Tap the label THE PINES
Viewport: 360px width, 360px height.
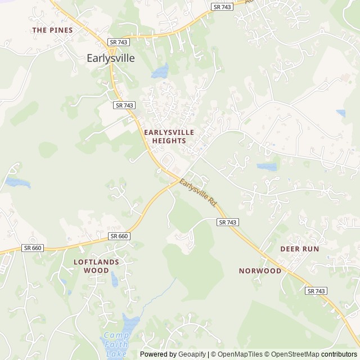pos(52,30)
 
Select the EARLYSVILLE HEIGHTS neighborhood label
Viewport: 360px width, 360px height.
pos(169,136)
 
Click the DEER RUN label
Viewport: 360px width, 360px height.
pos(299,249)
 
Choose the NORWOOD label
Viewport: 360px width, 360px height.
pos(260,271)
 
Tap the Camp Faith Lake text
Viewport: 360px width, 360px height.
pos(116,345)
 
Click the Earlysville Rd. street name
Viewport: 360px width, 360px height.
pos(198,192)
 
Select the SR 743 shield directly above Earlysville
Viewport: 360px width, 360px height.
pos(119,42)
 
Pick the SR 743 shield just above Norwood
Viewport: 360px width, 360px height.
pos(228,223)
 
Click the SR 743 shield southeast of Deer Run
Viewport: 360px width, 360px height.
pos(316,291)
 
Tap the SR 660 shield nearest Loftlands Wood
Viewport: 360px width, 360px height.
pos(119,236)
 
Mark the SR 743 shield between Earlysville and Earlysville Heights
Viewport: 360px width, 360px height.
pos(124,105)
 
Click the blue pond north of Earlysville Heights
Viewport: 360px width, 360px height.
pos(160,71)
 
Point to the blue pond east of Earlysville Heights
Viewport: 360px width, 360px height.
pos(267,167)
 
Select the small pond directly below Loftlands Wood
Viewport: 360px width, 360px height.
pos(115,280)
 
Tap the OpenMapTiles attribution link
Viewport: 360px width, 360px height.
pos(236,354)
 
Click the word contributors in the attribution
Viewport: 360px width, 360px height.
pos(339,354)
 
